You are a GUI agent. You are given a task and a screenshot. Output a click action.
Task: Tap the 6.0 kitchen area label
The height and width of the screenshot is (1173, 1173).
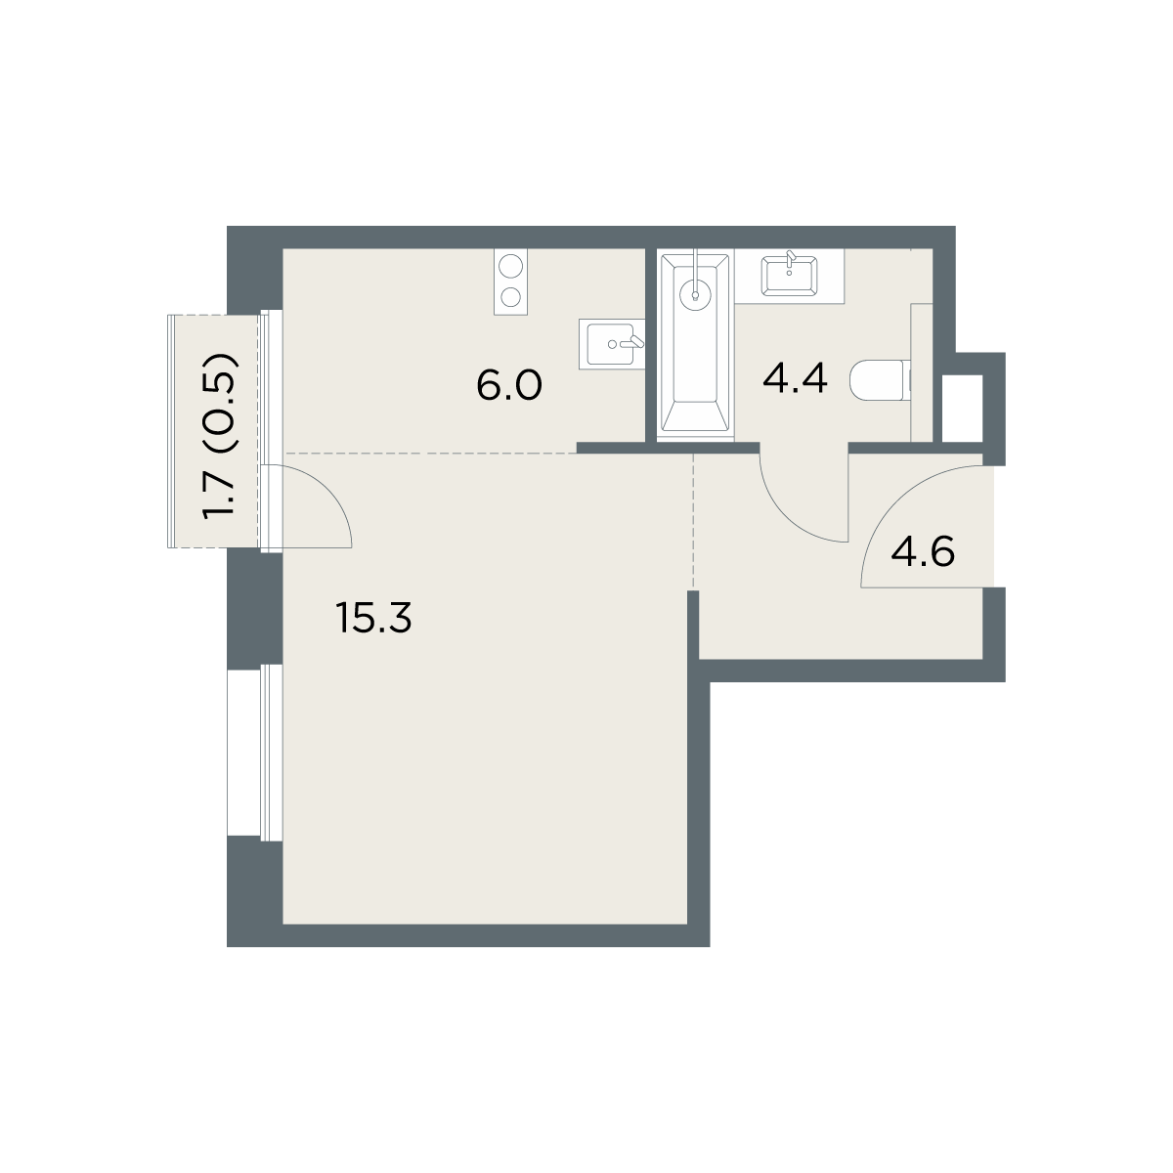509,385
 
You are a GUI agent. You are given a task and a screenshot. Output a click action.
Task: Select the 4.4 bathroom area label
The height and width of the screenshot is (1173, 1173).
795,378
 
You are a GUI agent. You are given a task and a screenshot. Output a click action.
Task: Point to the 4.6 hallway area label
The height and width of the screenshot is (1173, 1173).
922,552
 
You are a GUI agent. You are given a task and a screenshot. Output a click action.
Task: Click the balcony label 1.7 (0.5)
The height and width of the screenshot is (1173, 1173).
219,436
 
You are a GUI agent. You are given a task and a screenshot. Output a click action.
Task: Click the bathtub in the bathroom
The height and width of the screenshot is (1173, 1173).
695,343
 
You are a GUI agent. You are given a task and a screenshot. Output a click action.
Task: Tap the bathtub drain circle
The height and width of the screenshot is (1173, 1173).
695,296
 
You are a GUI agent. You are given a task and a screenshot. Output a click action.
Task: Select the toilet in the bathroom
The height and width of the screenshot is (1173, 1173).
881,380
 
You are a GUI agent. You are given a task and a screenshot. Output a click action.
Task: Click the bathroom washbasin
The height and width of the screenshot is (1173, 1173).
789,277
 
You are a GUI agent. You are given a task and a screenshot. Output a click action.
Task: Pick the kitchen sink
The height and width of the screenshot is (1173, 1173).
611,344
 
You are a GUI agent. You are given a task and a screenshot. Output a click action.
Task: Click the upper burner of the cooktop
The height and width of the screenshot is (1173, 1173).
510,267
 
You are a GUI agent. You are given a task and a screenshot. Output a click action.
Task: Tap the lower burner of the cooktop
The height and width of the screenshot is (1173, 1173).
510,297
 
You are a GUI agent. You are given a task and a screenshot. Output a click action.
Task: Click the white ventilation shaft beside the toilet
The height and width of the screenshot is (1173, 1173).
963,409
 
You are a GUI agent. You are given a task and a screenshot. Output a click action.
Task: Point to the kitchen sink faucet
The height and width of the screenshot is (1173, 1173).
633,342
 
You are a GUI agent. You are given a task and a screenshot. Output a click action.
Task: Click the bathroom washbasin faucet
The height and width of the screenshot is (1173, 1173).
791,259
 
